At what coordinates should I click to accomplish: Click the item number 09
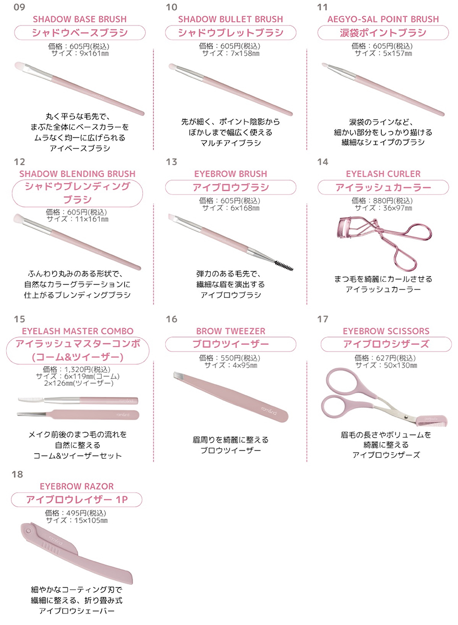pyautogui.click(x=19, y=7)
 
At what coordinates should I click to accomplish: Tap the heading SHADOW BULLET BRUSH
pyautogui.click(x=231, y=19)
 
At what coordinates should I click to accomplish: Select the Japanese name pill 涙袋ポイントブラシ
pyautogui.click(x=383, y=33)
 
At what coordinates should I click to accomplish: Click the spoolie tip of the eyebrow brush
pyautogui.click(x=284, y=266)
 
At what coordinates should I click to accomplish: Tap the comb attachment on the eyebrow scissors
pyautogui.click(x=432, y=420)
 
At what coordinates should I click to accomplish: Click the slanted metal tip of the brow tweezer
pyautogui.click(x=179, y=377)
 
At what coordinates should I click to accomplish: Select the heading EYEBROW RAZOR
pyautogui.click(x=77, y=486)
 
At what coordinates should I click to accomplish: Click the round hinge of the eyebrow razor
pyautogui.click(x=28, y=530)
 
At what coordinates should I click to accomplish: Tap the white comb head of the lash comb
pyautogui.click(x=31, y=400)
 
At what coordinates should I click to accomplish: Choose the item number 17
pyautogui.click(x=322, y=319)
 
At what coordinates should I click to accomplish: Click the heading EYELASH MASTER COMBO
pyautogui.click(x=78, y=331)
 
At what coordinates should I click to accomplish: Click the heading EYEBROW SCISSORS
pyautogui.click(x=386, y=331)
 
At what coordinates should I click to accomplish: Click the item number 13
pyautogui.click(x=171, y=162)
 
